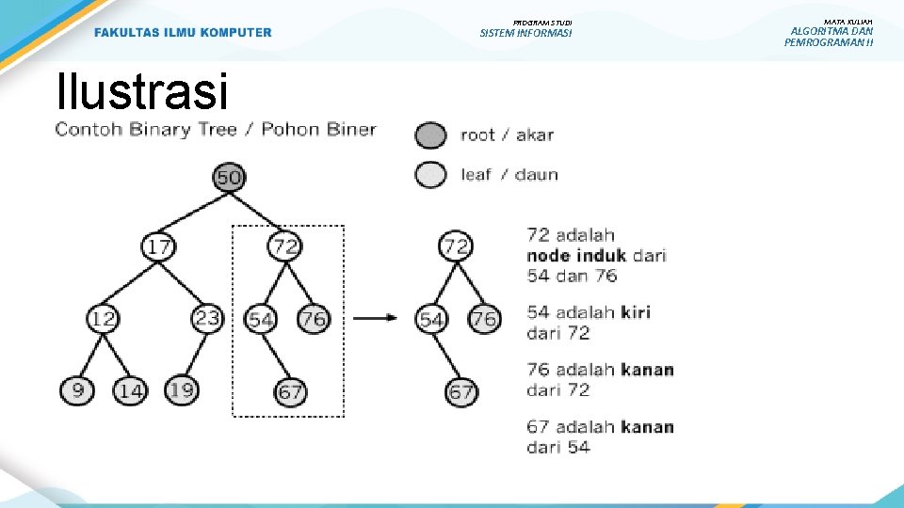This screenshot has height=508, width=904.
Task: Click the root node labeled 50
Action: pos(229,177)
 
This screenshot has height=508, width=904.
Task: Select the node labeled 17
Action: pos(158,247)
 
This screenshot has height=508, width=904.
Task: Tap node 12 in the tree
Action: pos(103,319)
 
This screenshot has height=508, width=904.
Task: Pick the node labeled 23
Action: pos(207,318)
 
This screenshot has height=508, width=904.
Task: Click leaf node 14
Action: pos(130,390)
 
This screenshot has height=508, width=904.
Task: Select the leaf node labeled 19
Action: pos(182,389)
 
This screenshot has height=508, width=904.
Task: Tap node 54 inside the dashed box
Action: pos(261,320)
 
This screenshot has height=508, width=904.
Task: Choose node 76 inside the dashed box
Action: pos(313,320)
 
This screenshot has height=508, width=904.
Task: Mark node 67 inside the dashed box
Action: pos(291,390)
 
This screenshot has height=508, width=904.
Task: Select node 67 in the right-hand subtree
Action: pos(460,391)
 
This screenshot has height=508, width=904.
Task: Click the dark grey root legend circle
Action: pos(430,135)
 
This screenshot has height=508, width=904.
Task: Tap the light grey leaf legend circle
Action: pos(430,174)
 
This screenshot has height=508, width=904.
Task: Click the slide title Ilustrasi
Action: pos(142,92)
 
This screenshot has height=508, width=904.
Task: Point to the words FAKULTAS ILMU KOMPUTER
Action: pos(183,33)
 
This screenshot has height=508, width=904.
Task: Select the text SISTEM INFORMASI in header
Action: pos(525,34)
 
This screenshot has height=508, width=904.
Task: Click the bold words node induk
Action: pos(575,256)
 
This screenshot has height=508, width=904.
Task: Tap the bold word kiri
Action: pos(635,312)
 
